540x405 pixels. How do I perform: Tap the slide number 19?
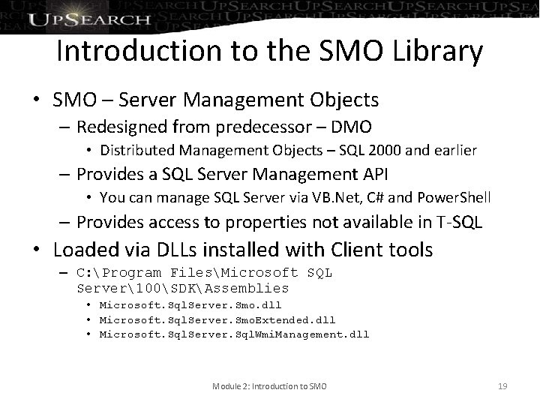click(x=502, y=386)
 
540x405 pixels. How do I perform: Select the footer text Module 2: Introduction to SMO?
click(x=270, y=386)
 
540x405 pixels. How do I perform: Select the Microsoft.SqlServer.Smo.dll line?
click(x=190, y=306)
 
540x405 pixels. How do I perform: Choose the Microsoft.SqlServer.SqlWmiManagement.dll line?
click(x=234, y=334)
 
